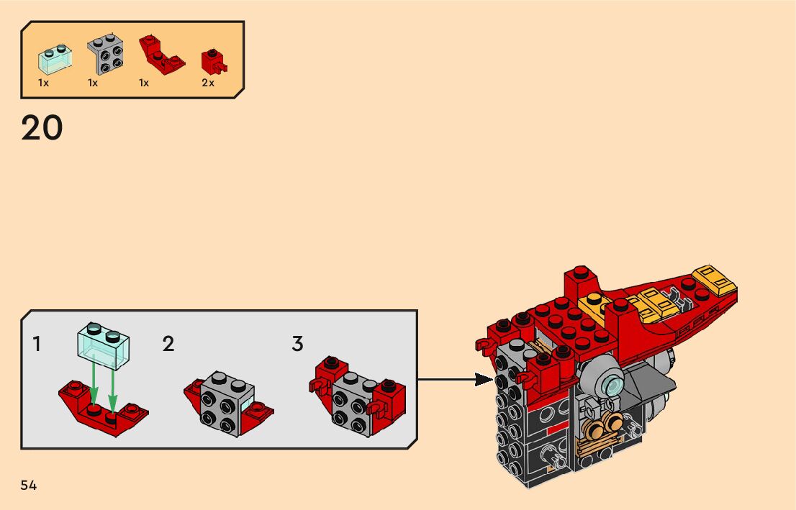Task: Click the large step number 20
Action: pyautogui.click(x=42, y=127)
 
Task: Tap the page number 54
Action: pyautogui.click(x=29, y=486)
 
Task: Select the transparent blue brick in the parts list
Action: pyautogui.click(x=55, y=60)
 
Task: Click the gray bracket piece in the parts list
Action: pyautogui.click(x=106, y=54)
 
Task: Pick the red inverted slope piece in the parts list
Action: pyautogui.click(x=161, y=55)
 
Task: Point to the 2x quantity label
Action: pyautogui.click(x=208, y=83)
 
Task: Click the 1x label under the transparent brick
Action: pyautogui.click(x=44, y=83)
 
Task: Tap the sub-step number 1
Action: pyautogui.click(x=37, y=344)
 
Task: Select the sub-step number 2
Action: pyautogui.click(x=168, y=344)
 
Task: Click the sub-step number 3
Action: pyautogui.click(x=297, y=344)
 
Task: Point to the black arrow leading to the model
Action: pyautogui.click(x=455, y=379)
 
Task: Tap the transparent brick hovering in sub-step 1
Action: pyautogui.click(x=103, y=345)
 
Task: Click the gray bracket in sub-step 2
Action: pyautogui.click(x=227, y=404)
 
